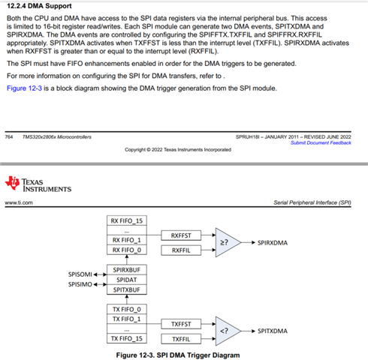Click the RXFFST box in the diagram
[181, 235]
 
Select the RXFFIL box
[181, 250]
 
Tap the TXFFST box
[181, 324]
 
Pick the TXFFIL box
[181, 339]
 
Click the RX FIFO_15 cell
[127, 220]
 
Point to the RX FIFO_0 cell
[127, 250]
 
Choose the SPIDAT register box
[127, 280]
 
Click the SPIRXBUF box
[127, 270]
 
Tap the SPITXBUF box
[127, 289]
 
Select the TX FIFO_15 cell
[127, 338]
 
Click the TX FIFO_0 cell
[127, 309]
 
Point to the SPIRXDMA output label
[273, 243]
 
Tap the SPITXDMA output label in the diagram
[273, 331]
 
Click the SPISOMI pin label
[80, 274]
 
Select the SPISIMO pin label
[80, 284]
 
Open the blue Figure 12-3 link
[24, 88]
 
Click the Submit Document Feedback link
[321, 142]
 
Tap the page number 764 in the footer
[9, 136]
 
